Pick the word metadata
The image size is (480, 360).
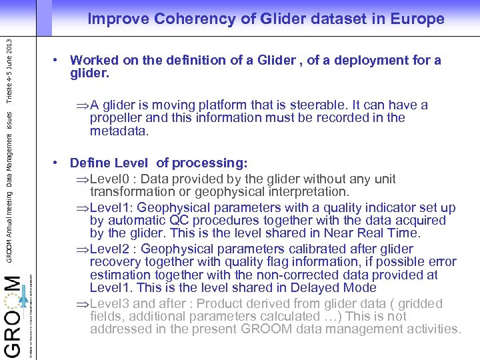pyautogui.click(x=118, y=131)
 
